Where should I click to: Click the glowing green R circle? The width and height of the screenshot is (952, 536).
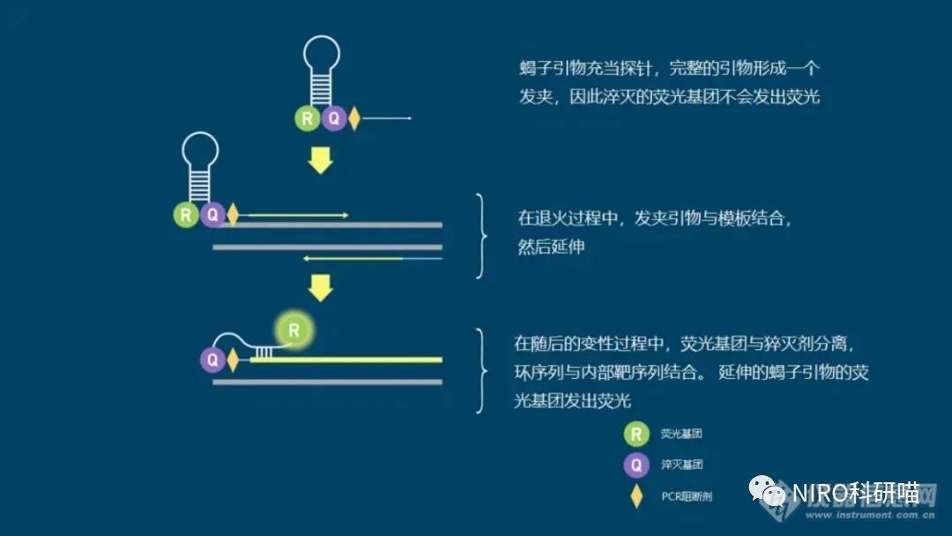(294, 331)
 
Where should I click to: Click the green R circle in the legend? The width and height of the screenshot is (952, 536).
(636, 434)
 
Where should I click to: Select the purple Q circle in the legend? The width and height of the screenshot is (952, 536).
(636, 465)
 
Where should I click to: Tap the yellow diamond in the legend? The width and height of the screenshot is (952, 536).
(636, 496)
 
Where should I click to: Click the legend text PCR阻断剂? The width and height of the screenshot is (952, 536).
(687, 496)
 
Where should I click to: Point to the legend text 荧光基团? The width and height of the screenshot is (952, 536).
(681, 434)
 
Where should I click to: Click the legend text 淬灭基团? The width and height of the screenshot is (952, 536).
(681, 465)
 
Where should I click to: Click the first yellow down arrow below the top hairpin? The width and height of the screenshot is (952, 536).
(321, 160)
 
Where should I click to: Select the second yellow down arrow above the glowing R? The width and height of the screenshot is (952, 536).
(321, 287)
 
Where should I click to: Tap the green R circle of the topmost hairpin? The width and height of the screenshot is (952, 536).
(308, 118)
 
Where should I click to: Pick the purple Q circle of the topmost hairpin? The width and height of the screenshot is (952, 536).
(334, 118)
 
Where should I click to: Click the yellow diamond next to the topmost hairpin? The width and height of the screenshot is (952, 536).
(354, 118)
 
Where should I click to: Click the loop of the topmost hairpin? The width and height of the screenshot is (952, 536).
(322, 38)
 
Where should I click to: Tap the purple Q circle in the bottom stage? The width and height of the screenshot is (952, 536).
(212, 360)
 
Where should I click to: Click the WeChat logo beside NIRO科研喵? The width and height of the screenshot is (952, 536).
(768, 491)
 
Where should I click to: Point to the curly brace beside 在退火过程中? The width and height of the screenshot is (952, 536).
(481, 235)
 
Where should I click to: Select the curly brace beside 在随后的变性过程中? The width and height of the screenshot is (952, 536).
(481, 371)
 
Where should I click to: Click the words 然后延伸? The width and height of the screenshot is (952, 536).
(551, 247)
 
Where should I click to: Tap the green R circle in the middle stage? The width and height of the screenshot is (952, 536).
(186, 215)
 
